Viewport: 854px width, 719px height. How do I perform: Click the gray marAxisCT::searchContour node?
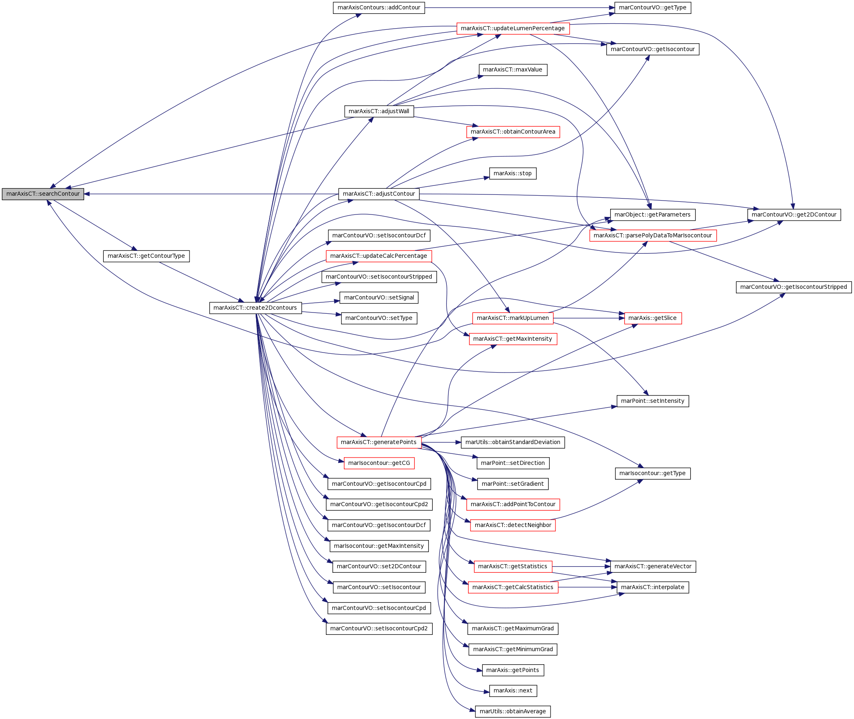point(43,194)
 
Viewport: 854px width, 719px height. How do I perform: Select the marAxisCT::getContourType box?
point(146,256)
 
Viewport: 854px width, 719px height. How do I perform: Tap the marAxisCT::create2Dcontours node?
point(255,308)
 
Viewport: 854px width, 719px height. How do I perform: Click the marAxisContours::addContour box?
point(379,8)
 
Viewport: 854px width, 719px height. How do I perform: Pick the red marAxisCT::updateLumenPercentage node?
point(513,29)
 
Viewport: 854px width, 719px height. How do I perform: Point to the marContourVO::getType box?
point(653,8)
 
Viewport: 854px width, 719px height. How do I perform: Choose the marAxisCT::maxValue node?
point(513,70)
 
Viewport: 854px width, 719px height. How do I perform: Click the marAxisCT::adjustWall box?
point(379,111)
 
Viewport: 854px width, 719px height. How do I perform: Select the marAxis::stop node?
point(513,174)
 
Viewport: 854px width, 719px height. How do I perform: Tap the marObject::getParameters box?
point(653,215)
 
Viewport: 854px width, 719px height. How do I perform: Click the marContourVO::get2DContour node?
point(794,215)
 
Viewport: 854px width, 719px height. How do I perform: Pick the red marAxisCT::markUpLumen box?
point(513,318)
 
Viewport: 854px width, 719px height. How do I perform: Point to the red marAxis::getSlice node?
point(653,318)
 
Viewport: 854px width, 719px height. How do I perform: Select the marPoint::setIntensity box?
point(653,401)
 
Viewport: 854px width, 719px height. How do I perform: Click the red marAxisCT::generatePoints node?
point(379,442)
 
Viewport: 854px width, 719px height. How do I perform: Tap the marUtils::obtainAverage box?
point(513,712)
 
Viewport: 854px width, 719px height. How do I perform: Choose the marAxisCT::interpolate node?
point(653,587)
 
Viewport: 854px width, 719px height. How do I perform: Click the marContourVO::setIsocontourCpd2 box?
point(379,629)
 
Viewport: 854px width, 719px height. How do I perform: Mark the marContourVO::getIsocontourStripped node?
point(794,287)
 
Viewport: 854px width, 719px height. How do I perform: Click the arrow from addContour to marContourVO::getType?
point(520,8)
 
